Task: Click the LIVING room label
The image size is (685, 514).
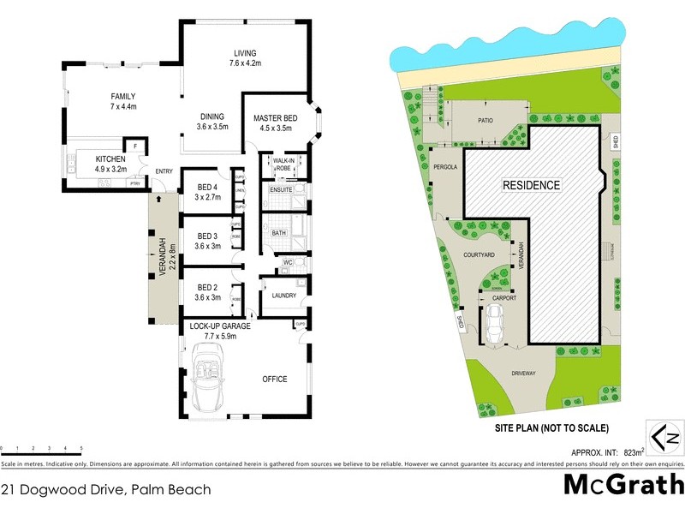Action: pyautogui.click(x=245, y=53)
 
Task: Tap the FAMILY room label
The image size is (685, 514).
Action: pyautogui.click(x=124, y=97)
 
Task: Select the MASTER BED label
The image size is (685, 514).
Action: pyautogui.click(x=274, y=118)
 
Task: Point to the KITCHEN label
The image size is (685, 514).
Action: pyautogui.click(x=110, y=159)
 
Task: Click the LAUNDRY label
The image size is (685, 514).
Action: pyautogui.click(x=283, y=296)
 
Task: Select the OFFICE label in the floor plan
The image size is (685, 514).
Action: pyautogui.click(x=275, y=379)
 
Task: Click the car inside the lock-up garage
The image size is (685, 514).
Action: pyautogui.click(x=209, y=381)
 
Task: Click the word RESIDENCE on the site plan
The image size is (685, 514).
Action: pyautogui.click(x=531, y=185)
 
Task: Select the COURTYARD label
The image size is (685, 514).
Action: pyautogui.click(x=479, y=254)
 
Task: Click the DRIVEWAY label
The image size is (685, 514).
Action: pyautogui.click(x=522, y=374)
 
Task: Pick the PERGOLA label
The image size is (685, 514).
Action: pyautogui.click(x=447, y=167)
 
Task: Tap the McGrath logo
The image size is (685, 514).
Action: pyautogui.click(x=622, y=485)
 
